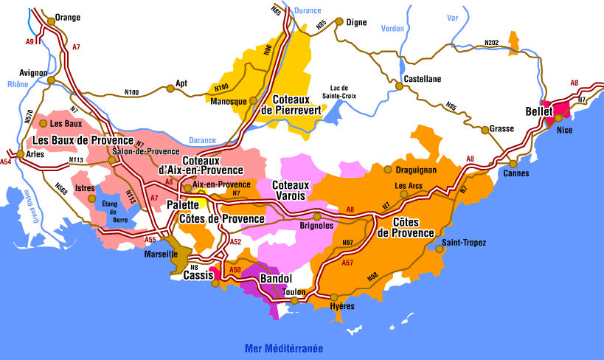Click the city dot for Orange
click(x=50, y=21)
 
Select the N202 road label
click(x=492, y=43)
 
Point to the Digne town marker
click(x=339, y=21)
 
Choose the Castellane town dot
click(x=400, y=86)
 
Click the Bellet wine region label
click(x=539, y=111)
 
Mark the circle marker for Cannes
click(x=513, y=164)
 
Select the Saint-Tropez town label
click(x=464, y=242)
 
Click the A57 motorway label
click(x=350, y=262)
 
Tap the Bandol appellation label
click(x=277, y=279)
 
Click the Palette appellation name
click(x=183, y=203)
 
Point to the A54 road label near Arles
click(x=6, y=162)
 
